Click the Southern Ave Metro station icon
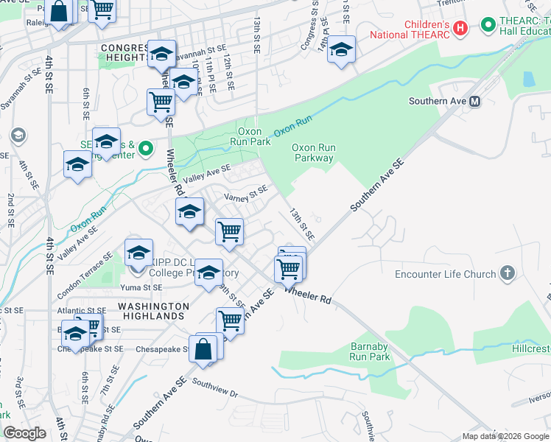[475, 101]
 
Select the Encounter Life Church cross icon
[507, 274]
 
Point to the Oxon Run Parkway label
[315, 152]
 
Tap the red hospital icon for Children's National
[460, 28]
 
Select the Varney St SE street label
[245, 195]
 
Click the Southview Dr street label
[214, 388]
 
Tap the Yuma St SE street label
[142, 287]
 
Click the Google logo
[25, 433]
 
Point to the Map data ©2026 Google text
[505, 436]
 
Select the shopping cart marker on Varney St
[229, 231]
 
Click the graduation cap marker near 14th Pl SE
[341, 50]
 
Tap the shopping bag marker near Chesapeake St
[203, 348]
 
